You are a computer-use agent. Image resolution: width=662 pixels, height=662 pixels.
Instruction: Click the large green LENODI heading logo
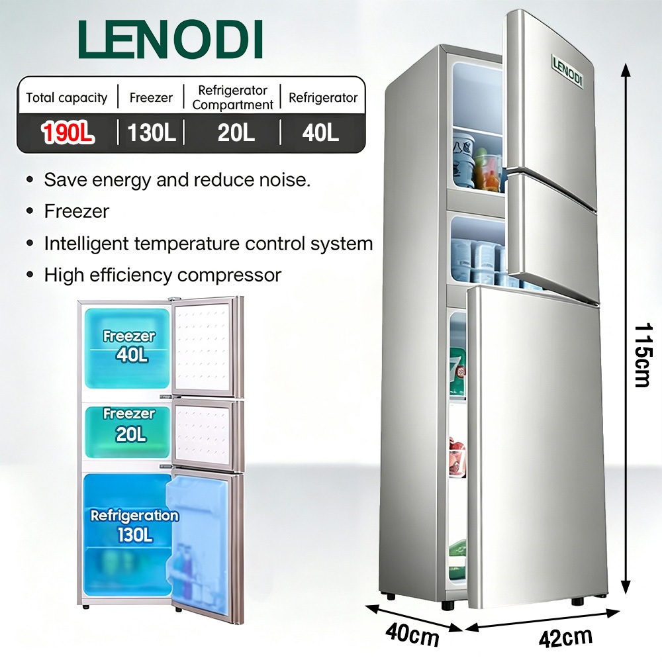click(x=170, y=39)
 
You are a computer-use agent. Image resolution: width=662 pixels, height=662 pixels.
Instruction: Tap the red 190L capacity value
click(x=68, y=132)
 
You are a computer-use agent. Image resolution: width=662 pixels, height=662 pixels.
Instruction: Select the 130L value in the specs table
click(x=151, y=132)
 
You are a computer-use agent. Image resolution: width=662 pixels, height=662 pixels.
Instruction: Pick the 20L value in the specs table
click(x=236, y=132)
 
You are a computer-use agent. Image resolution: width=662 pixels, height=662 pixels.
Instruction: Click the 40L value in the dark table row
click(x=320, y=132)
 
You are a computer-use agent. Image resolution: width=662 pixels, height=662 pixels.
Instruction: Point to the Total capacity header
click(x=67, y=98)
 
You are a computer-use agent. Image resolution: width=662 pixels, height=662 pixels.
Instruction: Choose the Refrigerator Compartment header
click(x=232, y=97)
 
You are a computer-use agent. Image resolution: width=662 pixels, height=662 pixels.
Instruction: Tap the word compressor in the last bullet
click(x=229, y=275)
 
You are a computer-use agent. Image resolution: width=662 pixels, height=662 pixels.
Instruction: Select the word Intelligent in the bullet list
click(x=87, y=244)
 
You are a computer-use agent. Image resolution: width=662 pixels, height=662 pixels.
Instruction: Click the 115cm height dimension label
click(x=644, y=355)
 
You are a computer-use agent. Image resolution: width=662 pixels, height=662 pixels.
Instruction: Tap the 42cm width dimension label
click(x=565, y=636)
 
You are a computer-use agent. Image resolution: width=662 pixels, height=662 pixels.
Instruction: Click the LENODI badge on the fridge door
click(x=568, y=71)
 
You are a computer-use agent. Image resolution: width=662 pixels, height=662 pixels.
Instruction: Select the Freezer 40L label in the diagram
click(x=130, y=346)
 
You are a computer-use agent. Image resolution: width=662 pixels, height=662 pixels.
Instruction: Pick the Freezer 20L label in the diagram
click(x=129, y=424)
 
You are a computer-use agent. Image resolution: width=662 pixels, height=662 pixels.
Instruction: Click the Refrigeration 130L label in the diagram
click(x=134, y=526)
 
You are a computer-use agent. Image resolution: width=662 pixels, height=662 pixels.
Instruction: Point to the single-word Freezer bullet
click(x=77, y=212)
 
